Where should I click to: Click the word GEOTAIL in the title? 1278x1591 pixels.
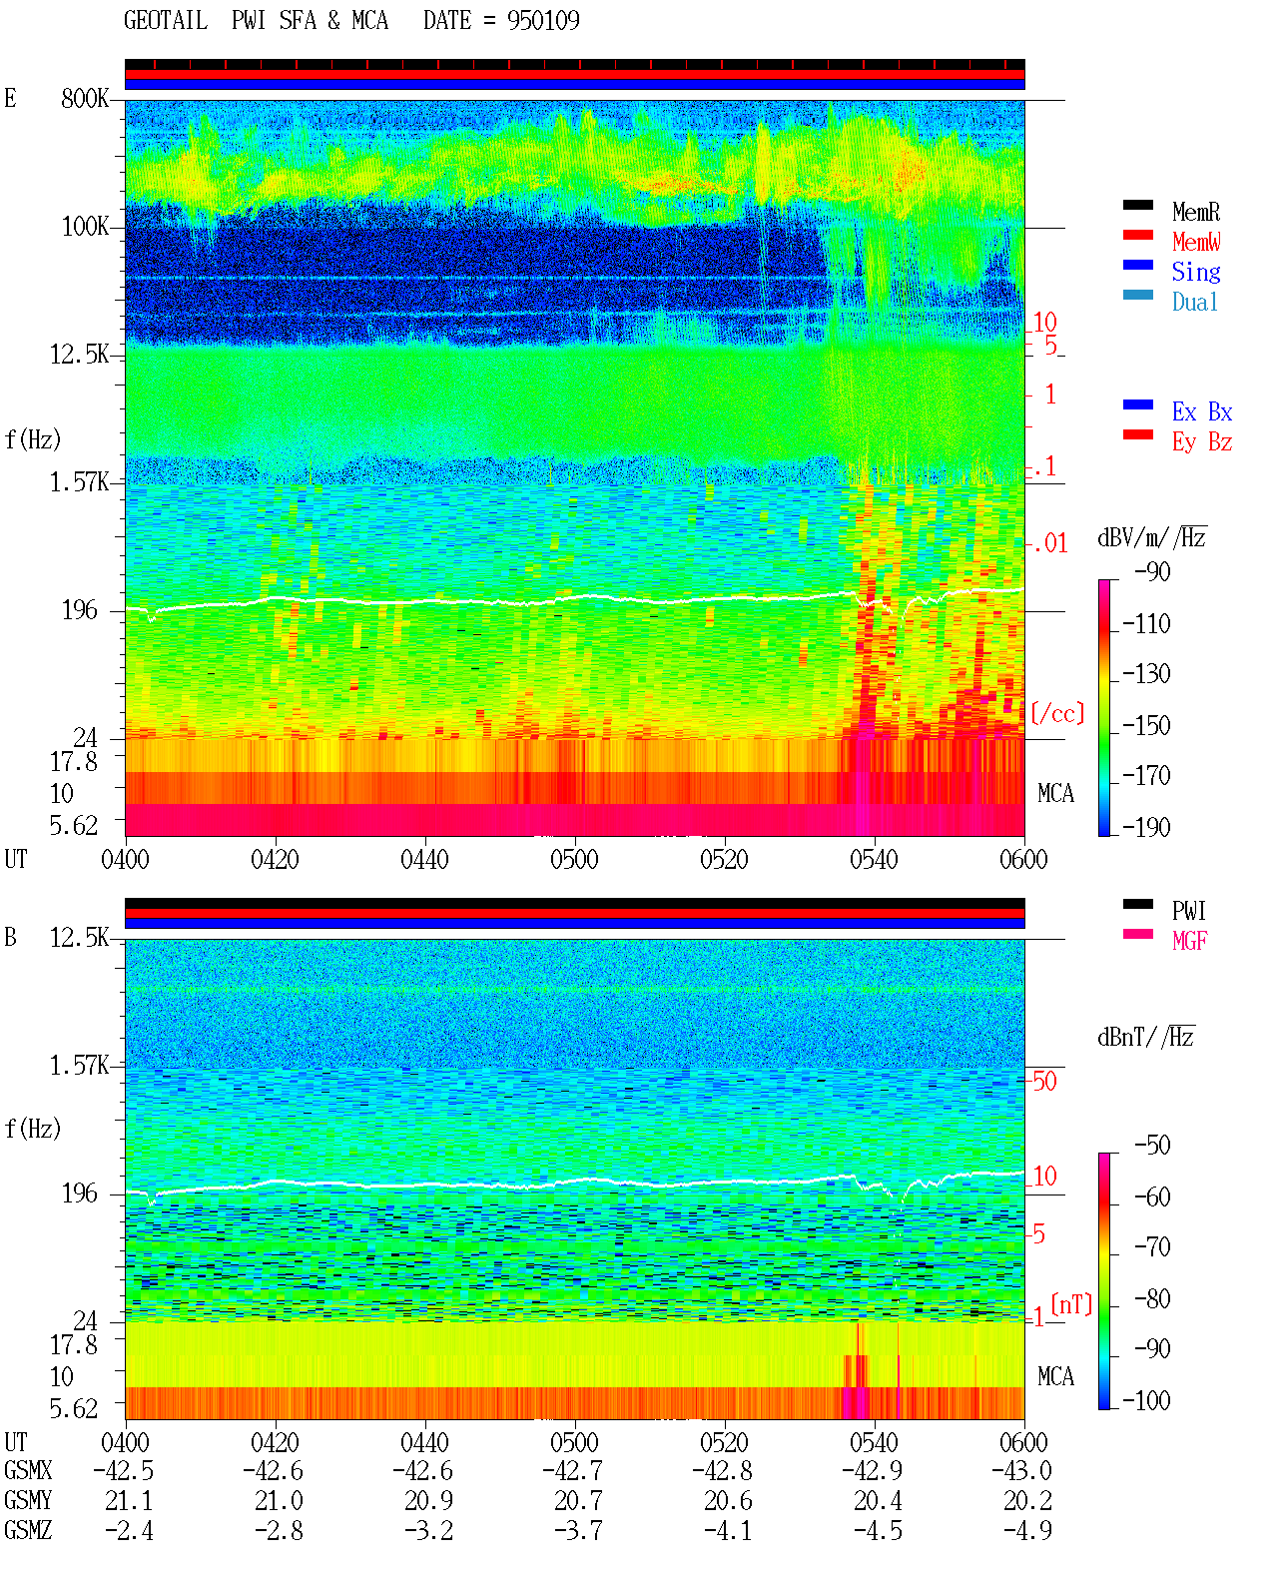[166, 20]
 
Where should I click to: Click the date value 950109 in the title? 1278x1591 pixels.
[543, 20]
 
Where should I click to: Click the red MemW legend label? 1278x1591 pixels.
[1196, 242]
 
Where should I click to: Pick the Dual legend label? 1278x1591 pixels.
[1195, 302]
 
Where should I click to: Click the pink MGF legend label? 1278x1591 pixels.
[1189, 941]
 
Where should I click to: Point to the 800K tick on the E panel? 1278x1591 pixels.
[85, 98]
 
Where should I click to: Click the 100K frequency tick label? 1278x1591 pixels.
[85, 227]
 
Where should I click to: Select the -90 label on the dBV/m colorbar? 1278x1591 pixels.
[1153, 571]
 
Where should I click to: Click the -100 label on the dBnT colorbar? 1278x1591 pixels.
[1146, 1400]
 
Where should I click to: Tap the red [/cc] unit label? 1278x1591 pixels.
[1057, 713]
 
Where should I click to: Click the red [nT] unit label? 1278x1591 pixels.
[1071, 1303]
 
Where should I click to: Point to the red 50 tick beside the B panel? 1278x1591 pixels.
[1045, 1081]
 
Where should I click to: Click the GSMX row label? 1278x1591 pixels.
[28, 1470]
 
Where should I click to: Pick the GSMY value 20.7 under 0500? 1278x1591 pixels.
[579, 1500]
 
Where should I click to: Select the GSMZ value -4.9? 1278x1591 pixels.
[1027, 1530]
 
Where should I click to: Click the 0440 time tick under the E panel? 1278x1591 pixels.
[425, 859]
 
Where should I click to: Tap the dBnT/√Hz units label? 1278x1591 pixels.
[1146, 1037]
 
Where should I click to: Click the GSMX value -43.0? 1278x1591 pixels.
[1021, 1470]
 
